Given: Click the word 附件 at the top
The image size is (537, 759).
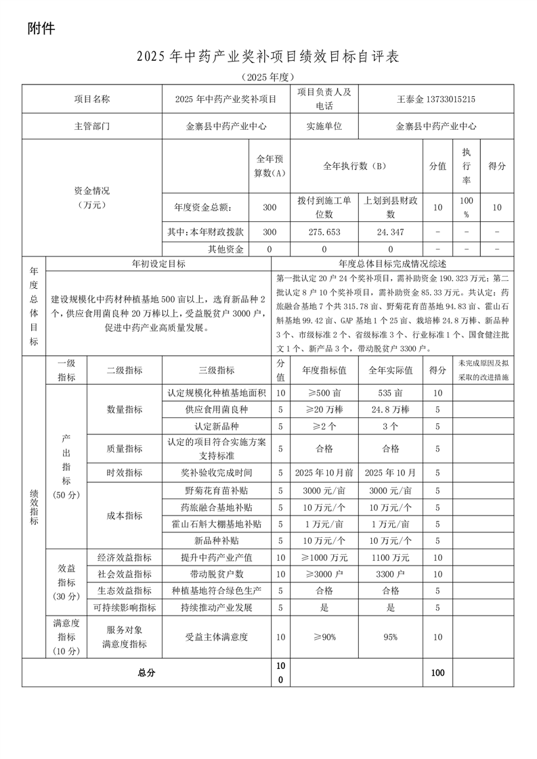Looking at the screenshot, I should click(x=41, y=28).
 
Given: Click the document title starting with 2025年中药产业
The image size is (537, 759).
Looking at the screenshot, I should click(x=268, y=57).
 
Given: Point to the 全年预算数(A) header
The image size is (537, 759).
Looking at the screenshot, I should click(x=270, y=166).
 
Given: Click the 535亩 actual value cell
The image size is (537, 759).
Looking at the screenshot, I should click(x=391, y=393).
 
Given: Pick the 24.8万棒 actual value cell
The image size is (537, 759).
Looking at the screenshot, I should click(x=391, y=410).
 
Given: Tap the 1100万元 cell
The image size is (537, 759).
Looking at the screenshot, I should click(x=391, y=558).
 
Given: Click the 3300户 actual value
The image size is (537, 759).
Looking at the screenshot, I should click(x=391, y=574).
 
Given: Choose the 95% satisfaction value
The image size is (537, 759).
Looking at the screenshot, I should click(x=391, y=637).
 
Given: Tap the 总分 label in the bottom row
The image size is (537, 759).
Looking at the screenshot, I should click(x=146, y=673).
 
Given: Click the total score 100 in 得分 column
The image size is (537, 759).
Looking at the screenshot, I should click(x=437, y=673).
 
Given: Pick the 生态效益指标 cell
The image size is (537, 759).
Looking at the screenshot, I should click(x=125, y=591).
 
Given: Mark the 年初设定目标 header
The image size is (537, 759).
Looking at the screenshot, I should click(x=158, y=264).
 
